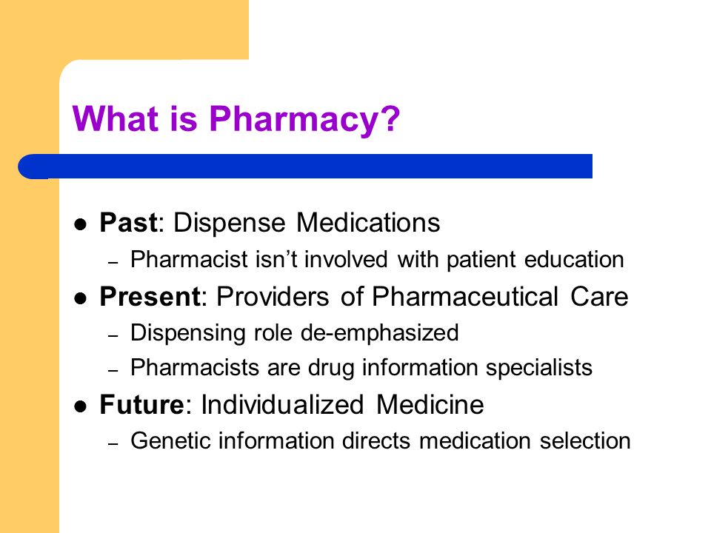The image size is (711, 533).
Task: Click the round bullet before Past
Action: click(81, 224)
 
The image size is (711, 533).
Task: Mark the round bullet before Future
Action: click(81, 406)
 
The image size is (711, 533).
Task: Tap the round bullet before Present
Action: click(81, 298)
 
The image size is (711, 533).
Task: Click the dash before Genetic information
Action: click(113, 443)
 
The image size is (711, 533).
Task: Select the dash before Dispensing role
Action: click(113, 334)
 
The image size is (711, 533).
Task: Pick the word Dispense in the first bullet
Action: click(233, 223)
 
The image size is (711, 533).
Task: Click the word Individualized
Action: click(284, 405)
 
